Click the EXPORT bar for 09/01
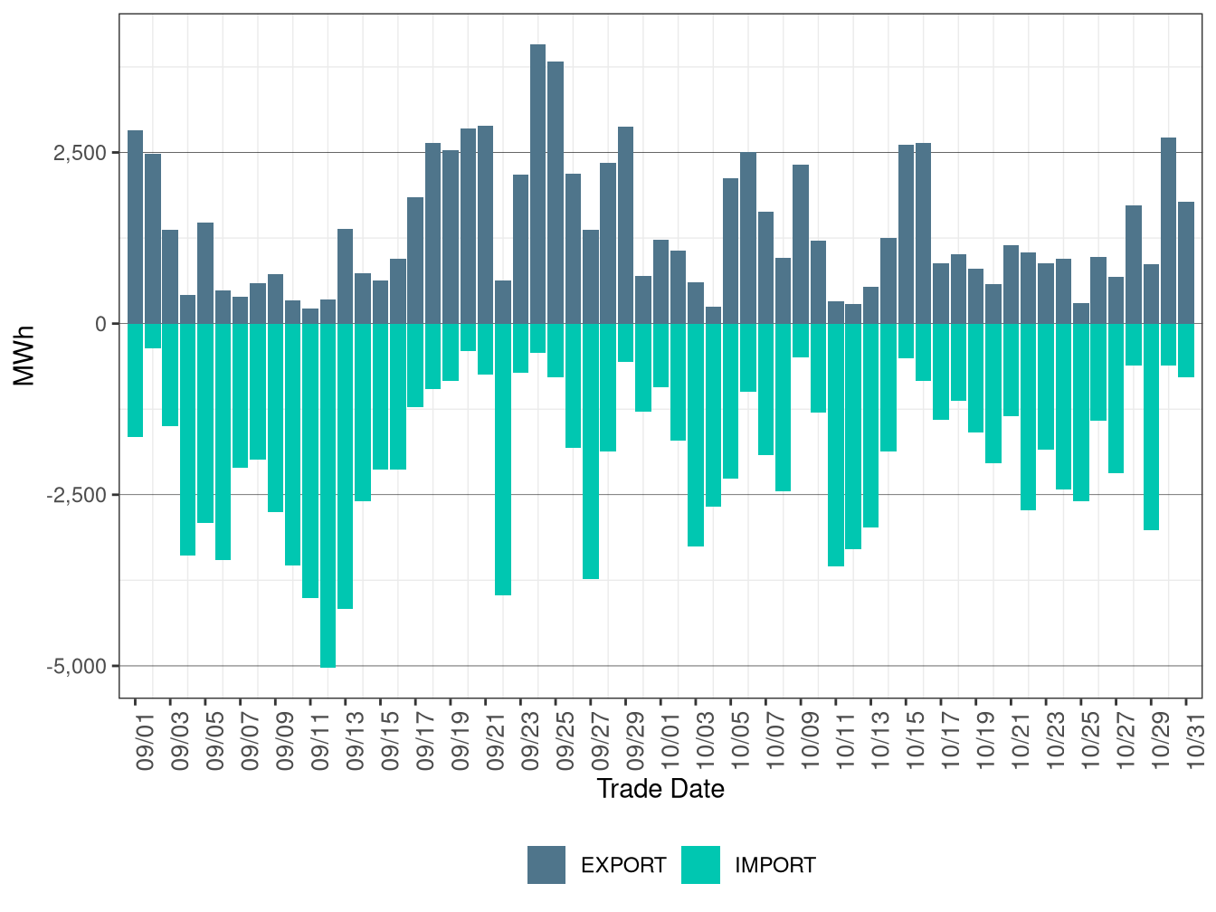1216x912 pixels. [135, 226]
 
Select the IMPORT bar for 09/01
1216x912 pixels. [135, 380]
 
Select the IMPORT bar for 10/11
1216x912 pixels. [836, 444]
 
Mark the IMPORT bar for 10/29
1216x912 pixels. [1151, 426]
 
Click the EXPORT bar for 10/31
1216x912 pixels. [1186, 262]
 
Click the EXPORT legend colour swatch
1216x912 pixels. [546, 865]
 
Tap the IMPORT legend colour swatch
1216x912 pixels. [700, 865]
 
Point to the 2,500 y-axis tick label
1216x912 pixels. [80, 153]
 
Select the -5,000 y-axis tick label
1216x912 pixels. [77, 667]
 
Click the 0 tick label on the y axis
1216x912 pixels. [100, 324]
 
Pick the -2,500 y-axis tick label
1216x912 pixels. [77, 495]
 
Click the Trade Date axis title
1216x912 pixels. [660, 789]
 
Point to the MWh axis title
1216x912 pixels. [24, 356]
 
